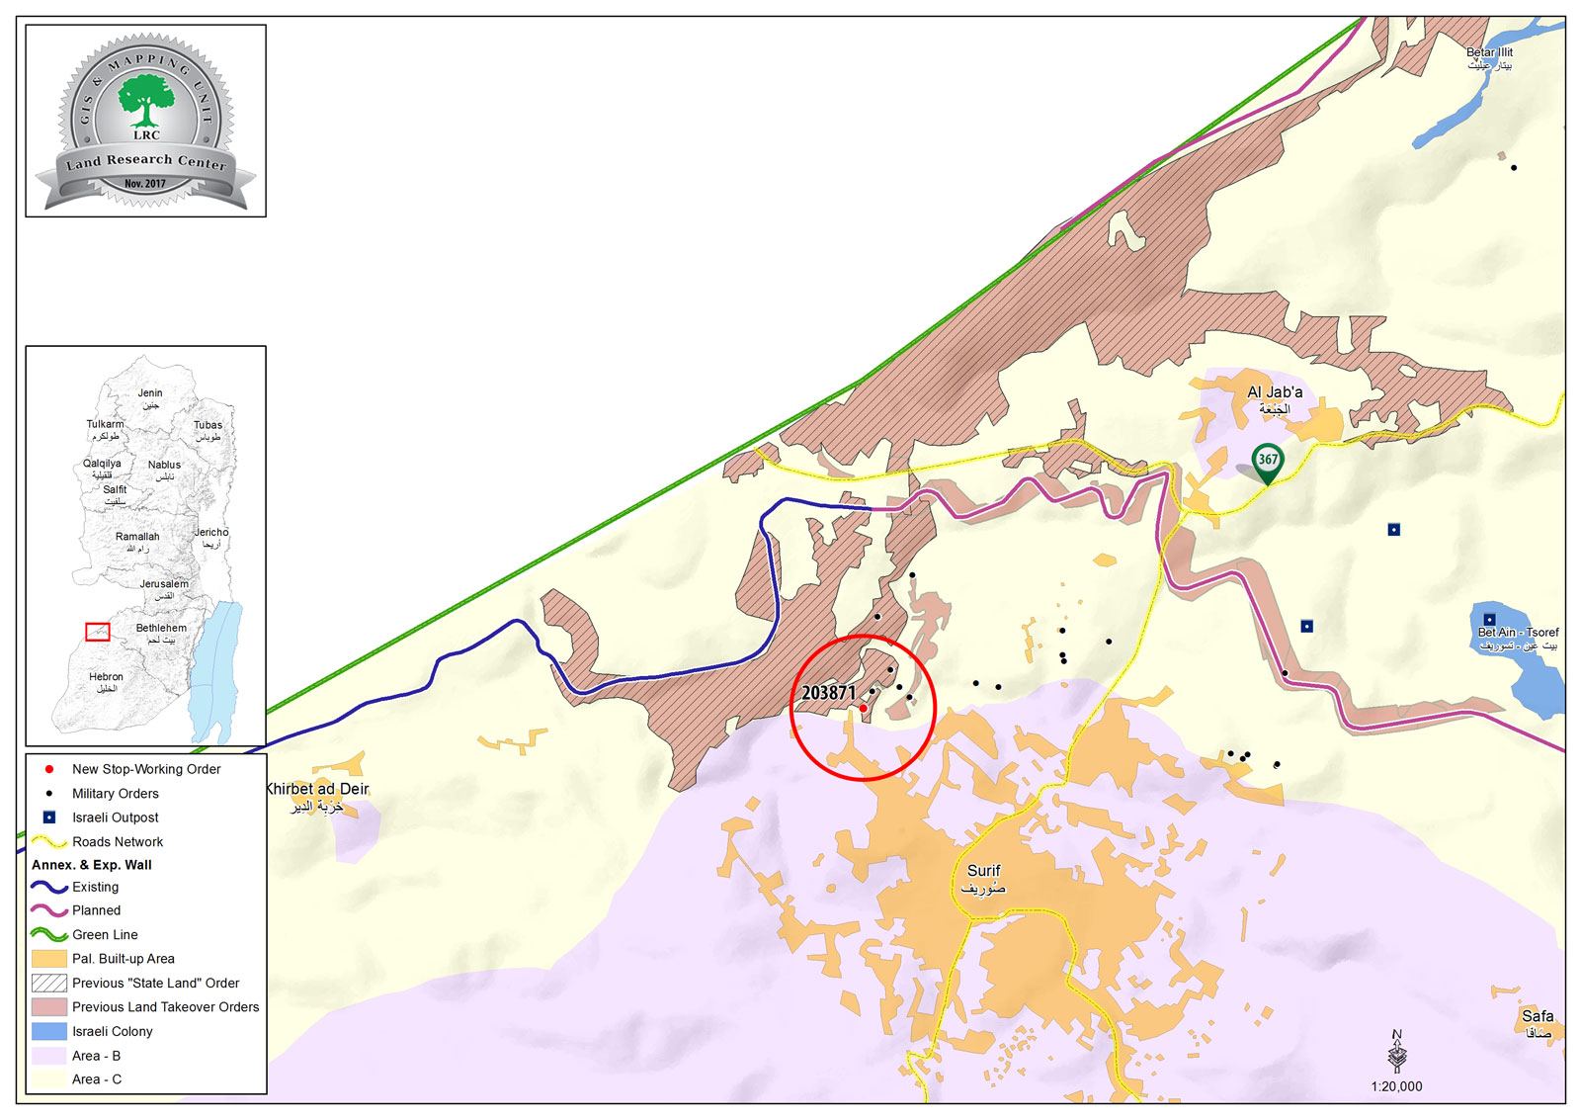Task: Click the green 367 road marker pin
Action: click(1267, 461)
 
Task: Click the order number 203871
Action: click(828, 693)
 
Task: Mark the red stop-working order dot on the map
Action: click(863, 708)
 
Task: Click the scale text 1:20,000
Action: click(1396, 1086)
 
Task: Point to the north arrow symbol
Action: click(1396, 1052)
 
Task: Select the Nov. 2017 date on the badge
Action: click(145, 184)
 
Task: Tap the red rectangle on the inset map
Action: click(98, 632)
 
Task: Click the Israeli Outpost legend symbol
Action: click(48, 818)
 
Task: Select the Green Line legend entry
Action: click(105, 934)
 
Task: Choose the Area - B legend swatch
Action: click(48, 1056)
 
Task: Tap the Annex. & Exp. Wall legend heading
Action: click(92, 864)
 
